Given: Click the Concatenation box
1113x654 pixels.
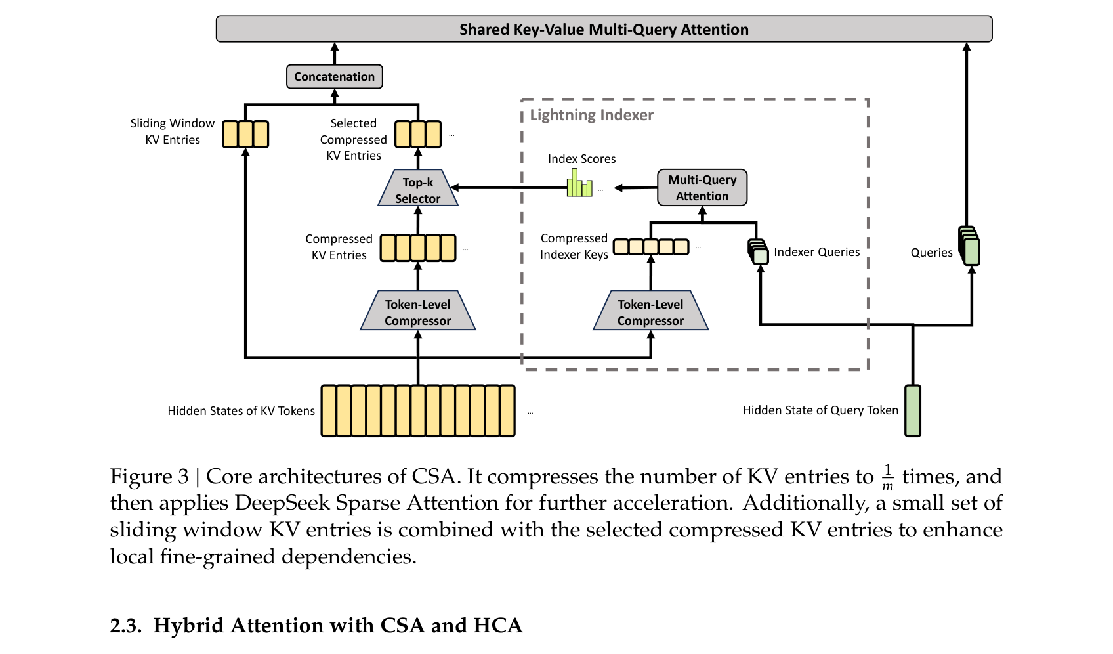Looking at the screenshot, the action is pos(335,77).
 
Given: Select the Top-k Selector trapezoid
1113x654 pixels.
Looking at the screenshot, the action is pos(418,188).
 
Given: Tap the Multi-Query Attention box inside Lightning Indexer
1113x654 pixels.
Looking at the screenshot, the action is pos(702,188).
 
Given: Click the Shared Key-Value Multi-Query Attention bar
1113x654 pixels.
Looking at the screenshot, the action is pos(604,29).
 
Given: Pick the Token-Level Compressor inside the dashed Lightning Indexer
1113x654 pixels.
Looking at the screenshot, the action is pos(651,311).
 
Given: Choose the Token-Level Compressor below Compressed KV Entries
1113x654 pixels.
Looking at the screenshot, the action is pos(418,311).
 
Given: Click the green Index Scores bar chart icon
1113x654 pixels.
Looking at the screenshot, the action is pos(579,183).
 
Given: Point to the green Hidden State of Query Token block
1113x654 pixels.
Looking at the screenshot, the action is pos(913,411).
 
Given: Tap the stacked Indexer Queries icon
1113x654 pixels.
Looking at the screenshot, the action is pos(758,251).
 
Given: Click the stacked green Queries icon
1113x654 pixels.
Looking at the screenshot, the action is pos(969,246).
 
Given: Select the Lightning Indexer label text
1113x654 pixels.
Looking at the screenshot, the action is pos(592,115).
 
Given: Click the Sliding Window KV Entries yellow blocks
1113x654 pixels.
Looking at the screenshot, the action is pos(245,135).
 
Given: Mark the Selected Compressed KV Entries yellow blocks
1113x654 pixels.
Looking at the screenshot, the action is pos(418,135).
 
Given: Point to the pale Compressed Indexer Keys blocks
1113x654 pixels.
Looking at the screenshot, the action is pos(651,247).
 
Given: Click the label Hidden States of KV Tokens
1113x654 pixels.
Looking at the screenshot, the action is pos(241,411).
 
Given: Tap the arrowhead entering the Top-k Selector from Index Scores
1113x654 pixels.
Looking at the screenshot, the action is pos(453,188).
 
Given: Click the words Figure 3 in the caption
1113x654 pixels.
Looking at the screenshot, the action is pos(150,477).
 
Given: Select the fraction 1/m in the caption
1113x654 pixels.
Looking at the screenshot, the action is pos(888,477).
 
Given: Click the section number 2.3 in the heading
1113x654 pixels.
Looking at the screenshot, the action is pos(126,625).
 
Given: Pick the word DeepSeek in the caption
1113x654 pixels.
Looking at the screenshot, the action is pos(282,503).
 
